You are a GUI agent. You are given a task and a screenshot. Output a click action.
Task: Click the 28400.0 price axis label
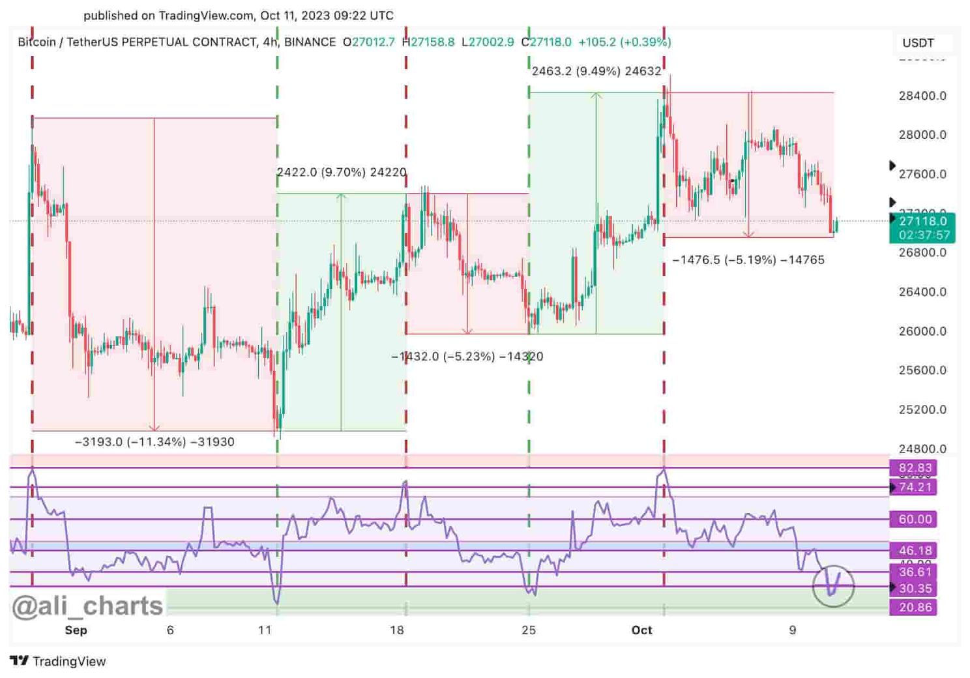(922, 96)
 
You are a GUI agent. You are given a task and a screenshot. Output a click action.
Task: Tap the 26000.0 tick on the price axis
(922, 331)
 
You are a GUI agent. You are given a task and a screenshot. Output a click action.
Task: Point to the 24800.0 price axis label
(922, 449)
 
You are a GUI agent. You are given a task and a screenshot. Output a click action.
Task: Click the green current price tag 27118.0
(922, 222)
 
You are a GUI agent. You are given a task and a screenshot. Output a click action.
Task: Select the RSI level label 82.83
(915, 468)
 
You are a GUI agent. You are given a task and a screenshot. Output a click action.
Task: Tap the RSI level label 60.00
(915, 520)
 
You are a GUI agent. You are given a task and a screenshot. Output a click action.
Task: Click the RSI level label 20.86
(915, 608)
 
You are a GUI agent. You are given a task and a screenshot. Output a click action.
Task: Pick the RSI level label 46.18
(915, 551)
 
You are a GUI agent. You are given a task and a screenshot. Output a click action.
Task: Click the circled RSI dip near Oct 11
(833, 585)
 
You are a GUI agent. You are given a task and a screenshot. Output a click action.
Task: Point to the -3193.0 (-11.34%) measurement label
(154, 442)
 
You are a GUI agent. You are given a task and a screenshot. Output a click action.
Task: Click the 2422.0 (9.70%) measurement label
(342, 172)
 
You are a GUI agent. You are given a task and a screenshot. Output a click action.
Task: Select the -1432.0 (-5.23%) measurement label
(467, 357)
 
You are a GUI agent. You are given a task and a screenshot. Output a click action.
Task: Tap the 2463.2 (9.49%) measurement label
(596, 71)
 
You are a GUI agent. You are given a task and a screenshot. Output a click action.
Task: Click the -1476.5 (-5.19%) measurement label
(748, 260)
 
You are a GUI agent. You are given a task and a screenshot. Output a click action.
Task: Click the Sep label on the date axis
(76, 630)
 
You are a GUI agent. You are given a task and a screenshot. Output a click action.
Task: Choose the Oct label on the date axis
(641, 630)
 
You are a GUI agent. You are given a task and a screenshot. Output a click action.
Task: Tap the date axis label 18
(397, 630)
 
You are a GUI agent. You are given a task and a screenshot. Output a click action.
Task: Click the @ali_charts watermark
(87, 606)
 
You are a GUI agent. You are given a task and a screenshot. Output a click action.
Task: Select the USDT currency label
(918, 43)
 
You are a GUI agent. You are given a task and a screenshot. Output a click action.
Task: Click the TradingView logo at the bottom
(58, 661)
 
